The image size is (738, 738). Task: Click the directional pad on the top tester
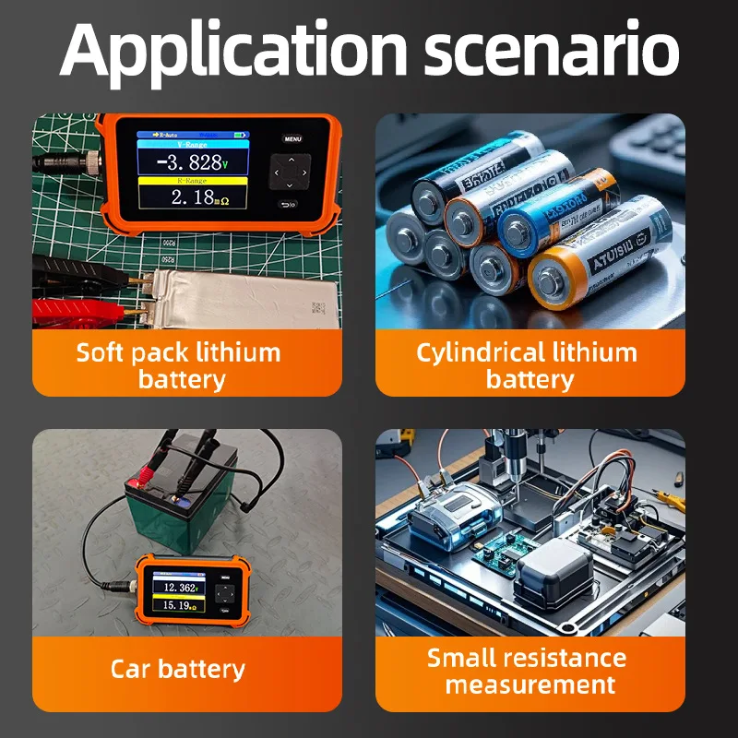[x=289, y=173]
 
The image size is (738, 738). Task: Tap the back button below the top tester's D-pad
[x=290, y=205]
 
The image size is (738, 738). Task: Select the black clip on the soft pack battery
[x=74, y=273]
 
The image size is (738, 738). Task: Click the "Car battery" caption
[x=178, y=669]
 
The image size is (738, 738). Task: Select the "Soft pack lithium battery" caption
[x=179, y=365]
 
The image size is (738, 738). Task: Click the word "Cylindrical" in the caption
[x=480, y=352]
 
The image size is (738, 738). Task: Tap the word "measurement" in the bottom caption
[x=530, y=684]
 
